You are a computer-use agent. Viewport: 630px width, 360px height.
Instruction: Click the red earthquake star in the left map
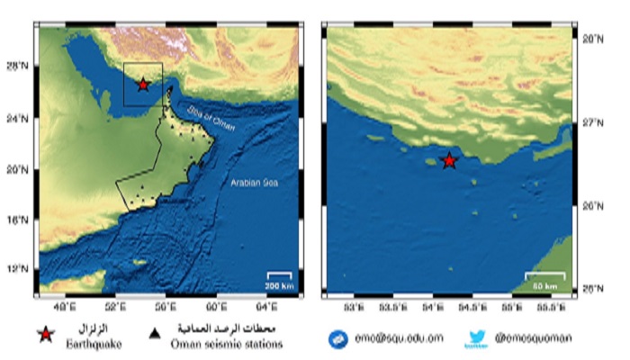pyautogui.click(x=143, y=85)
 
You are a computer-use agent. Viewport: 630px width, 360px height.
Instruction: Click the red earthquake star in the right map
pyautogui.click(x=449, y=161)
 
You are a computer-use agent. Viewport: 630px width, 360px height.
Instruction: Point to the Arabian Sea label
pyautogui.click(x=254, y=183)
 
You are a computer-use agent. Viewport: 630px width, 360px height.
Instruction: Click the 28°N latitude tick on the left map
pyautogui.click(x=21, y=67)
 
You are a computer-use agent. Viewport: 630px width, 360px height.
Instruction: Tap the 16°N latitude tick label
pyautogui.click(x=21, y=219)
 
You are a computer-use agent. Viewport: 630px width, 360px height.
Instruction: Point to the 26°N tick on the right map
pyautogui.click(x=589, y=206)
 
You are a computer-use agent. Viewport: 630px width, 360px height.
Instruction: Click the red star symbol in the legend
pyautogui.click(x=45, y=335)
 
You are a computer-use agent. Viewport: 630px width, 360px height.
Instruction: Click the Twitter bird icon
pyautogui.click(x=476, y=339)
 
